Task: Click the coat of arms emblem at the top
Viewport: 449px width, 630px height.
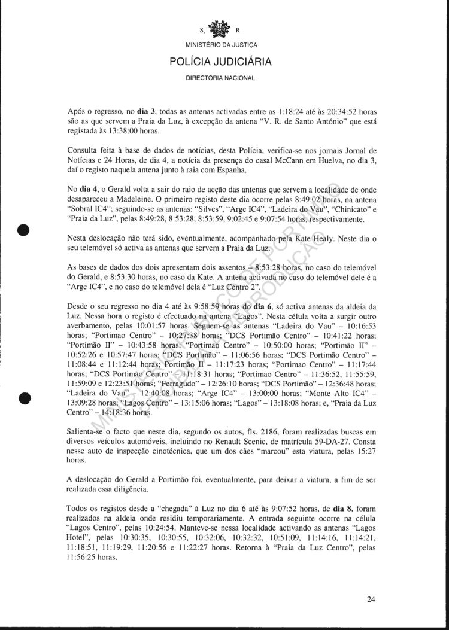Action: click(220, 28)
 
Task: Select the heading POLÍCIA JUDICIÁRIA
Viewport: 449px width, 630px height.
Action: click(221, 61)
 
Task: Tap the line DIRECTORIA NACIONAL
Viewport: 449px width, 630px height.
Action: click(220, 78)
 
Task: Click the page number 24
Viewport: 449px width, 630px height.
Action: click(371, 599)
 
